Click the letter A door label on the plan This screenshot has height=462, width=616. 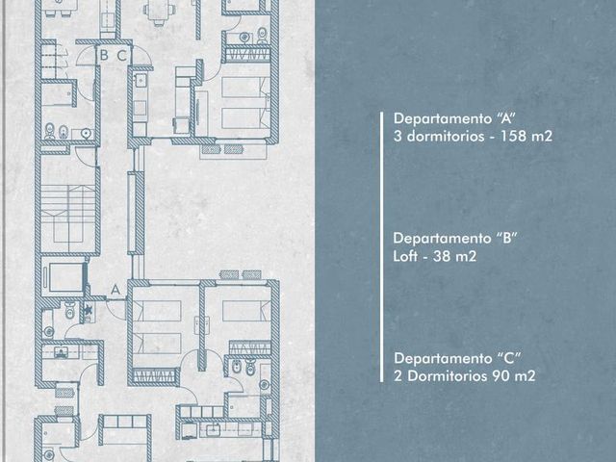115,290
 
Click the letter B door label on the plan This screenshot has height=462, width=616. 104,55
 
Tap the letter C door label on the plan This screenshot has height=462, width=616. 122,56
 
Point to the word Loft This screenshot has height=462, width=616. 406,256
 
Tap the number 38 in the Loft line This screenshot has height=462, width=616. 442,256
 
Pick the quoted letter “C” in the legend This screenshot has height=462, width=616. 509,358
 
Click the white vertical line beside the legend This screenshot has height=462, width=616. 381,246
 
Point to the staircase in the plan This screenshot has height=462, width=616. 68,216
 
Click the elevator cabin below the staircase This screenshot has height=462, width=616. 65,277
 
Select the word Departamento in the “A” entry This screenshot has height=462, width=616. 443,118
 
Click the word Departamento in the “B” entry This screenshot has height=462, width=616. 443,239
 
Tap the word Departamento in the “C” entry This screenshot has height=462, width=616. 443,358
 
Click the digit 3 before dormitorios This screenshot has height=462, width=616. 398,136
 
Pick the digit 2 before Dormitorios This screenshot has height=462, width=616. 398,376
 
